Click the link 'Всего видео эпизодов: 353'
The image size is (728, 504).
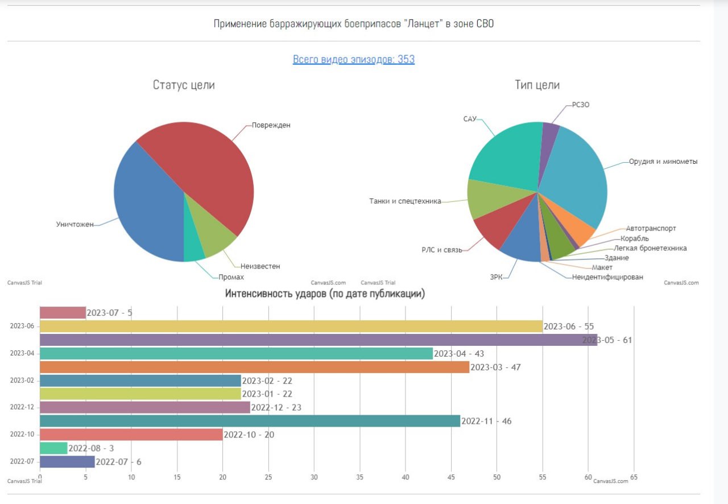tap(353, 59)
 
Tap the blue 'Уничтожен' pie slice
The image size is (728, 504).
tap(148, 210)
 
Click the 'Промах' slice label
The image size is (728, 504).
tap(231, 277)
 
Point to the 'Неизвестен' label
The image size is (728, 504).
tap(260, 266)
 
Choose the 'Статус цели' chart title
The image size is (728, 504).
tap(184, 85)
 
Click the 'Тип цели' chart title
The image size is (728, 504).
tap(537, 85)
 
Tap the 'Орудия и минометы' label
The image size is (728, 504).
tap(663, 162)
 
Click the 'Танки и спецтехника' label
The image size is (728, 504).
tap(405, 201)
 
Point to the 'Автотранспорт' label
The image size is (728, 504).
tap(651, 229)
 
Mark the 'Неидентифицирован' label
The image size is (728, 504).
tap(607, 277)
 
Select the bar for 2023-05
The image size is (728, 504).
tap(318, 340)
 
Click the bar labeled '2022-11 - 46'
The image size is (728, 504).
tap(250, 422)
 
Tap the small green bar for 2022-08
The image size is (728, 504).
tap(53, 448)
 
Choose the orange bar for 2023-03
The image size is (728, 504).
tap(254, 367)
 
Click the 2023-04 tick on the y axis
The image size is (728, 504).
tap(22, 353)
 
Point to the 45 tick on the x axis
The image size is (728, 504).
tap(451, 477)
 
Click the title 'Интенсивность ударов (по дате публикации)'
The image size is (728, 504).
tap(325, 294)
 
